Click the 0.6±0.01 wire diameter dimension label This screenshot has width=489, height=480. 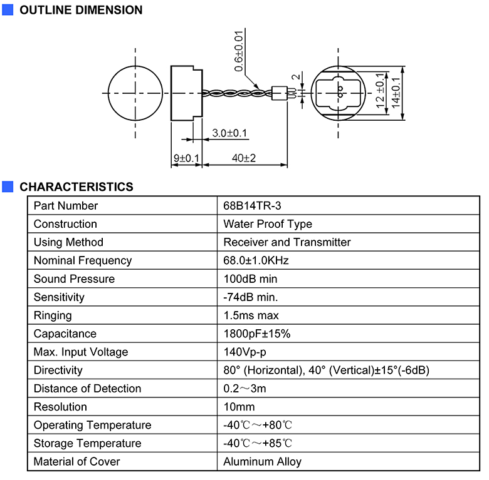[x=239, y=51]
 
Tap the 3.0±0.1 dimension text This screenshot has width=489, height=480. [x=229, y=133]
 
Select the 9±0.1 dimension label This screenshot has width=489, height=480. [x=186, y=158]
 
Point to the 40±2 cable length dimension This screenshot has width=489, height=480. [x=244, y=158]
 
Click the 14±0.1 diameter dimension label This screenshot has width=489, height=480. [x=396, y=93]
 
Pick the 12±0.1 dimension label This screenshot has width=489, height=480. [x=380, y=91]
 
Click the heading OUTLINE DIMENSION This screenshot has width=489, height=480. [x=81, y=10]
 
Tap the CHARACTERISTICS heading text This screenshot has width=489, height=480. [x=76, y=186]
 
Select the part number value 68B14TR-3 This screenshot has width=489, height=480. [x=252, y=206]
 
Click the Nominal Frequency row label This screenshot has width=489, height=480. [x=83, y=260]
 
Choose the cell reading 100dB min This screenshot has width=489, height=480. [x=250, y=279]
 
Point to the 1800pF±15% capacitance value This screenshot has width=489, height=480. [x=257, y=334]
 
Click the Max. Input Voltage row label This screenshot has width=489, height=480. [x=81, y=352]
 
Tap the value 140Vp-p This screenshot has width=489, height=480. [x=244, y=352]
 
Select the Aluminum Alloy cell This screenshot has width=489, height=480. [x=262, y=462]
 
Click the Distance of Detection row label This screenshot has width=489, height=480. [x=87, y=389]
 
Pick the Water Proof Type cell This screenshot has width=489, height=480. [x=268, y=224]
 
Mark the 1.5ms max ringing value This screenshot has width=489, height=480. [x=251, y=315]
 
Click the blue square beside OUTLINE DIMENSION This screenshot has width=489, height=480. [x=8, y=9]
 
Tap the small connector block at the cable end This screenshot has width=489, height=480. [x=280, y=93]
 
